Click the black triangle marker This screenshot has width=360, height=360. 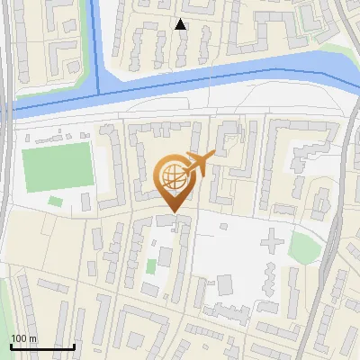[x=180, y=24]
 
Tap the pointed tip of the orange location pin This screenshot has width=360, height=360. [x=173, y=211]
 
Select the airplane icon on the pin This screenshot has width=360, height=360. [x=197, y=163]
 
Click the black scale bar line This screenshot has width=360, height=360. [x=41, y=346]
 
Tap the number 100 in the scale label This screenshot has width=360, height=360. [x=19, y=338]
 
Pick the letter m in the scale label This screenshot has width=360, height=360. [x=32, y=338]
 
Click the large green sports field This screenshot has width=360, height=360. [x=58, y=166]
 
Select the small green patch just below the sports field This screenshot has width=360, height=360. [x=55, y=201]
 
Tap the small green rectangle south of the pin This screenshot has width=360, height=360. [x=151, y=266]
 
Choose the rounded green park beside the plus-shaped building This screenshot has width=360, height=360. [x=305, y=247]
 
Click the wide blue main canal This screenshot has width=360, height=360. [x=225, y=79]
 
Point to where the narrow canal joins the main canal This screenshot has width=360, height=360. [x=99, y=94]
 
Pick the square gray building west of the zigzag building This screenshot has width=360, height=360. [x=224, y=285]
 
